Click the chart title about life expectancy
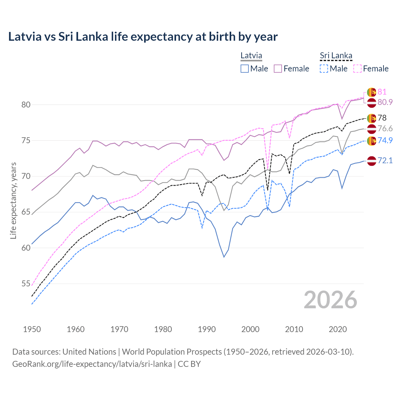143,37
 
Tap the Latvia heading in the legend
251,56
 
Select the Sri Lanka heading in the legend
336,56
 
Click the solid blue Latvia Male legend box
245,69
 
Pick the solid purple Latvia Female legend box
278,69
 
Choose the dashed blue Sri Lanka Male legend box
324,69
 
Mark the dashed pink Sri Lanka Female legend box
357,69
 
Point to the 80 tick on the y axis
26,105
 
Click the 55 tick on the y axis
26,284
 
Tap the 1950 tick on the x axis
32,329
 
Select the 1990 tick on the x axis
207,329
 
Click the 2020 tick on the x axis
338,329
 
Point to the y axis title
13,200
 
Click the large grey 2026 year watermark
330,300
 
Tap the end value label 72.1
385,161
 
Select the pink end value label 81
382,92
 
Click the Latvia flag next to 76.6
372,129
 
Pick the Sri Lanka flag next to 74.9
372,141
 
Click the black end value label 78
382,118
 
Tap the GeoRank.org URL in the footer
92,364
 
